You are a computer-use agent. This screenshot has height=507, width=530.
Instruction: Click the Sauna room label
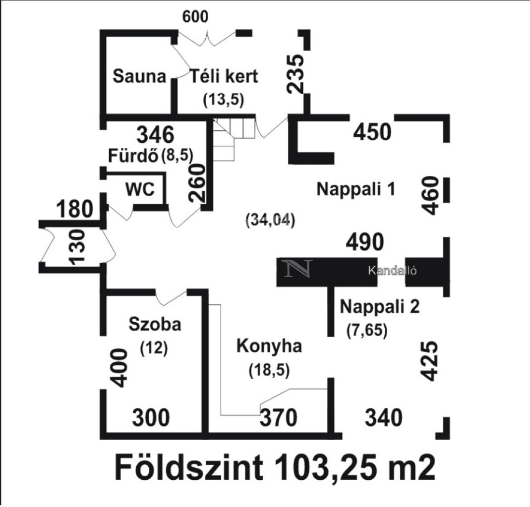(139, 76)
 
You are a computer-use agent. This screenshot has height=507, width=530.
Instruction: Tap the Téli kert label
(224, 76)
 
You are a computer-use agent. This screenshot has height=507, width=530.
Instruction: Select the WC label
(140, 189)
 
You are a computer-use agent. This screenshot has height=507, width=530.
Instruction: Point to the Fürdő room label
(133, 156)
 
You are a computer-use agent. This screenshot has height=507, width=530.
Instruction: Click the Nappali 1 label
(356, 189)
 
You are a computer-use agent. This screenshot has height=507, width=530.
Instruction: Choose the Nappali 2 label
(380, 307)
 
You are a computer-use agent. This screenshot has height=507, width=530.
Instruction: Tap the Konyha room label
(269, 346)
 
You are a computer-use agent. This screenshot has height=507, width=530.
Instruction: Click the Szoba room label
(155, 324)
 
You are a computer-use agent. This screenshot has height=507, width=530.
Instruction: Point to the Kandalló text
(392, 271)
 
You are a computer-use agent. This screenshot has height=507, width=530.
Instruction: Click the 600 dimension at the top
(195, 17)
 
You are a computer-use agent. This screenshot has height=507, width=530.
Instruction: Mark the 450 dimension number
(372, 132)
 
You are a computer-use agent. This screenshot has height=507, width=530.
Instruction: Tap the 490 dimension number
(365, 242)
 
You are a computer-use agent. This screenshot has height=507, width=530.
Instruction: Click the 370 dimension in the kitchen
(278, 417)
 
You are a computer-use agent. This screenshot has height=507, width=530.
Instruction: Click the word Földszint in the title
(188, 467)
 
